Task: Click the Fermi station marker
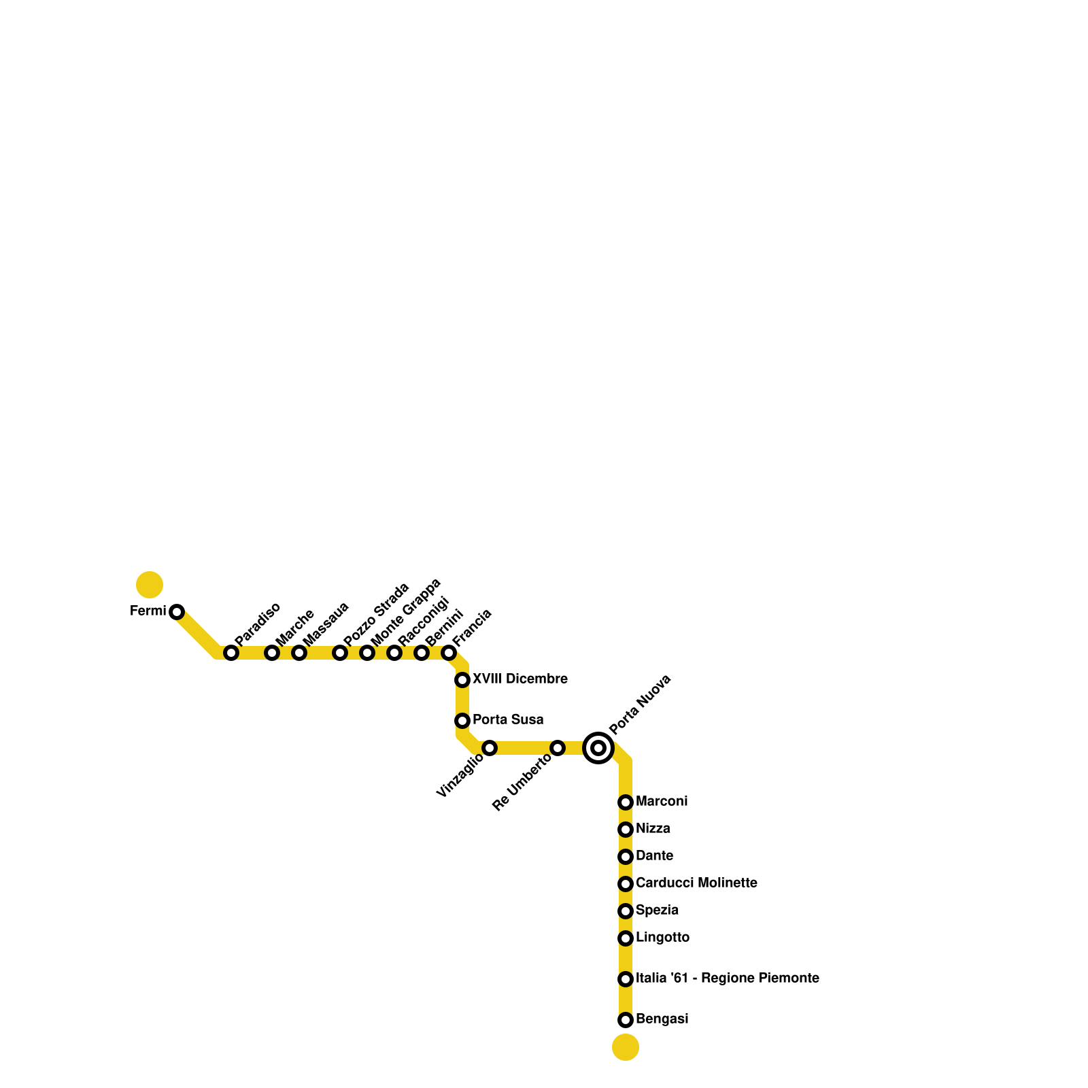[x=177, y=612]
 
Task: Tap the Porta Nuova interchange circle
[x=598, y=748]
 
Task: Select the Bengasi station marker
[x=626, y=1020]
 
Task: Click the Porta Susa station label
[x=508, y=719]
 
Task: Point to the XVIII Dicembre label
[x=520, y=679]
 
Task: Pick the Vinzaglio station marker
[x=490, y=748]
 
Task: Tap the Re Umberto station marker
[x=558, y=748]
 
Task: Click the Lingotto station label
[x=662, y=938]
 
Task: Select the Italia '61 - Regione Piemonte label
[x=727, y=979]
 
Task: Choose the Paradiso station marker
[x=231, y=653]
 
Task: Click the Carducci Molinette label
[x=696, y=883]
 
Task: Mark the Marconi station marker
[x=626, y=802]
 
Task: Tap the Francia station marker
[x=449, y=653]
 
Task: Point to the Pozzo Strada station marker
[x=340, y=653]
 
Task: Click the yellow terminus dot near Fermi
[x=150, y=585]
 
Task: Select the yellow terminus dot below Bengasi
[x=626, y=1047]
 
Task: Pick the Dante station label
[x=654, y=856]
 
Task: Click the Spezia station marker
[x=626, y=911]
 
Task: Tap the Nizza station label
[x=653, y=829]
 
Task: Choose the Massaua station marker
[x=299, y=653]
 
